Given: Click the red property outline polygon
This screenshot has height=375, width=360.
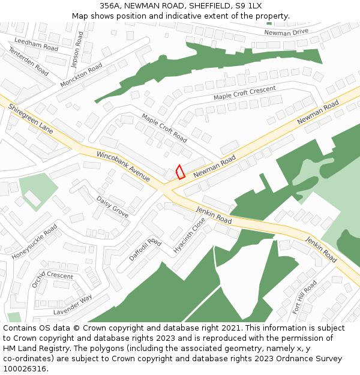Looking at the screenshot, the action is click(x=180, y=172).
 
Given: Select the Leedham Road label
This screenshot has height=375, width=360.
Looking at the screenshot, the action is click(x=36, y=44).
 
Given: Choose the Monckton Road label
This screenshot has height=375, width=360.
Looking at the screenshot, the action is click(x=82, y=76).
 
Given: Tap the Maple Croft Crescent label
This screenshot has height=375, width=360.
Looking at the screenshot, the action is click(x=245, y=93).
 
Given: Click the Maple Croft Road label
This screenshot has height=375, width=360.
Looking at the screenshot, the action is click(x=164, y=127).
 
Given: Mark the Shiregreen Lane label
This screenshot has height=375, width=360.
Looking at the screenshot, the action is click(x=31, y=119).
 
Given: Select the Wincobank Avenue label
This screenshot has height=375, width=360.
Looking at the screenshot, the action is click(x=124, y=166).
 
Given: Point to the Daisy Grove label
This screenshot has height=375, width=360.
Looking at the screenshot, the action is click(x=113, y=207).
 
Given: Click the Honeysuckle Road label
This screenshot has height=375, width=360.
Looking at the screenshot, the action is click(x=34, y=242).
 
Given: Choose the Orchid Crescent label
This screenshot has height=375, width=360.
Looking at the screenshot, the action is click(x=52, y=275).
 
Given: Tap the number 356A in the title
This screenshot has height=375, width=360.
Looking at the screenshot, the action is click(x=111, y=6).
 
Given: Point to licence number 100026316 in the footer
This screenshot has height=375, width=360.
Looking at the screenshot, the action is click(x=25, y=369).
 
